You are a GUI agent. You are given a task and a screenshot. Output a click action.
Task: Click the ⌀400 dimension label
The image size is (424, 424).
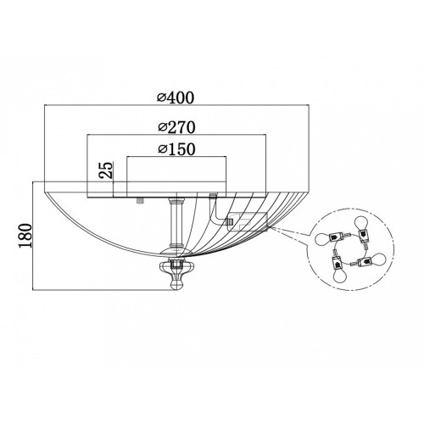176,98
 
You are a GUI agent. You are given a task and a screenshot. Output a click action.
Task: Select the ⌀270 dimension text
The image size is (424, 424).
176,127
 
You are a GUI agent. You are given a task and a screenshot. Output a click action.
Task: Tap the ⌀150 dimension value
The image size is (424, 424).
176,149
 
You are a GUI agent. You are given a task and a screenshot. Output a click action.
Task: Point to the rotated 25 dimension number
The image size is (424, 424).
106,170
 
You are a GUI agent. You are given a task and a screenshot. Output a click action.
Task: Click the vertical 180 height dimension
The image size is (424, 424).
25,236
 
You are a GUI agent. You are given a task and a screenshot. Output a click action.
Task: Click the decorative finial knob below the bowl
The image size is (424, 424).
177,275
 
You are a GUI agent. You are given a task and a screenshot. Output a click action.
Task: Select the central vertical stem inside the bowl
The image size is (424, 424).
176,223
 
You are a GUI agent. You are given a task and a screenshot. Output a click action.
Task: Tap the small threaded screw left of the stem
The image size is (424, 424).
140,201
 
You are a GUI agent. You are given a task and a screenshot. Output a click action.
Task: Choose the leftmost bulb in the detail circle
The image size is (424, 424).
325,239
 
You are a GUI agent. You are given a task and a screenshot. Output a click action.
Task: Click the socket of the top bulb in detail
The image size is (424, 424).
362,234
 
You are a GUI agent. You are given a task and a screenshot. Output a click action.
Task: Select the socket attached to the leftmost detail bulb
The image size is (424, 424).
336,236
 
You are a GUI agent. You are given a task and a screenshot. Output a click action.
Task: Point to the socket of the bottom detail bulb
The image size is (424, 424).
338,262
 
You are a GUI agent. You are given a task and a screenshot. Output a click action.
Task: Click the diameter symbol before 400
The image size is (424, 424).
161,98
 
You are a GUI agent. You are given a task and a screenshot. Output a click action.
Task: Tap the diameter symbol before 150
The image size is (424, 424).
162,149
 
